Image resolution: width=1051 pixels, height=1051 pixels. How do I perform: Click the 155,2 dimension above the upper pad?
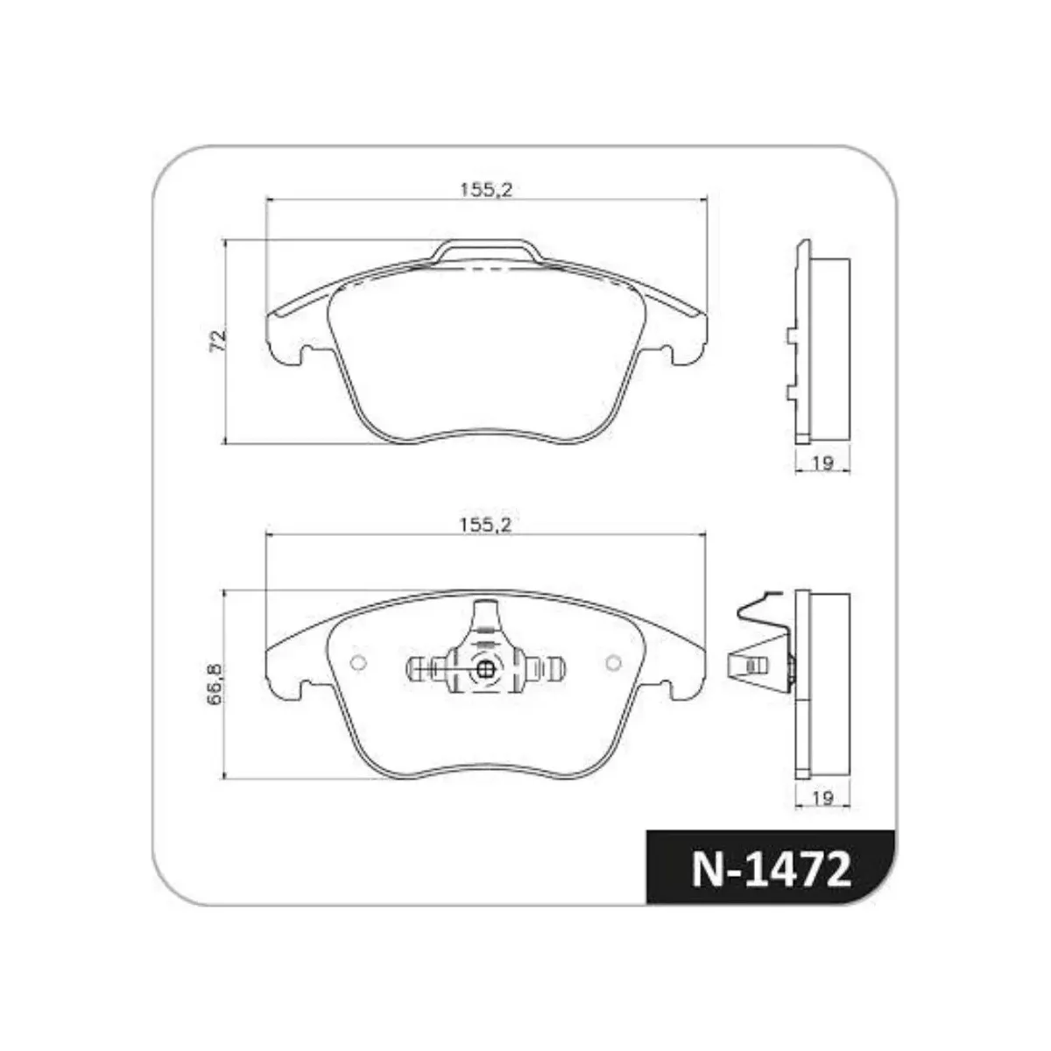[486, 190]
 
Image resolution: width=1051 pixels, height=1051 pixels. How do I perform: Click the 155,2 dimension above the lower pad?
[485, 525]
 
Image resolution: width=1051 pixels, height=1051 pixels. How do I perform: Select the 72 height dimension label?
[217, 341]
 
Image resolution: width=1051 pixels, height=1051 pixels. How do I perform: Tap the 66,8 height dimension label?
[215, 683]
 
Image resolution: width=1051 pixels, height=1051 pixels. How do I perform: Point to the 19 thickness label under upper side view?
[822, 463]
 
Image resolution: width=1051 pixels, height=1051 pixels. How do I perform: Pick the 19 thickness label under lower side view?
[822, 798]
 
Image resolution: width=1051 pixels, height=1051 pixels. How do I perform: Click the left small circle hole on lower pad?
[358, 663]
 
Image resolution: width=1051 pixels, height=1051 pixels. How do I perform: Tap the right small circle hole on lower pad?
[613, 663]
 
